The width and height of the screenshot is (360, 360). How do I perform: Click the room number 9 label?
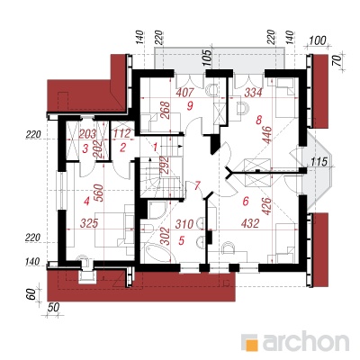189,105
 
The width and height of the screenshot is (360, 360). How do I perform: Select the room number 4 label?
86,202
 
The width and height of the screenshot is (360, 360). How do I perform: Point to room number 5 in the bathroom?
181,240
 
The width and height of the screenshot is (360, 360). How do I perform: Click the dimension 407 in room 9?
185,93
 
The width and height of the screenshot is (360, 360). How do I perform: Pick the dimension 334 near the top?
253,93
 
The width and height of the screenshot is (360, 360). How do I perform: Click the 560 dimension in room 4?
100,193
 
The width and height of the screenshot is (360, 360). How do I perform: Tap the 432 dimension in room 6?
250,223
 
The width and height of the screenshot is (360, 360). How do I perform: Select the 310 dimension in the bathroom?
184,224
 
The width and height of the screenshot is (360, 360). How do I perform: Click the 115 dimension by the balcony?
319,162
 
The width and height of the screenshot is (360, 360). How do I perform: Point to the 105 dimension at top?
207,58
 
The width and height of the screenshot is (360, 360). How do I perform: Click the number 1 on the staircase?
155,148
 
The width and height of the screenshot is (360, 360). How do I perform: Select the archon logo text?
305,341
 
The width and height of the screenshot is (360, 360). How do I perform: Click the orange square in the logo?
251,346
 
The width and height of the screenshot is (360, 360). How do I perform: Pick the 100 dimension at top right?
318,40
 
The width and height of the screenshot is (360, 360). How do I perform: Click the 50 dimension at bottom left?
53,308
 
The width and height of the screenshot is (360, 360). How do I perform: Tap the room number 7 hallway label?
197,186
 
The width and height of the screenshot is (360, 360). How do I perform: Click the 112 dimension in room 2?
122,133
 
